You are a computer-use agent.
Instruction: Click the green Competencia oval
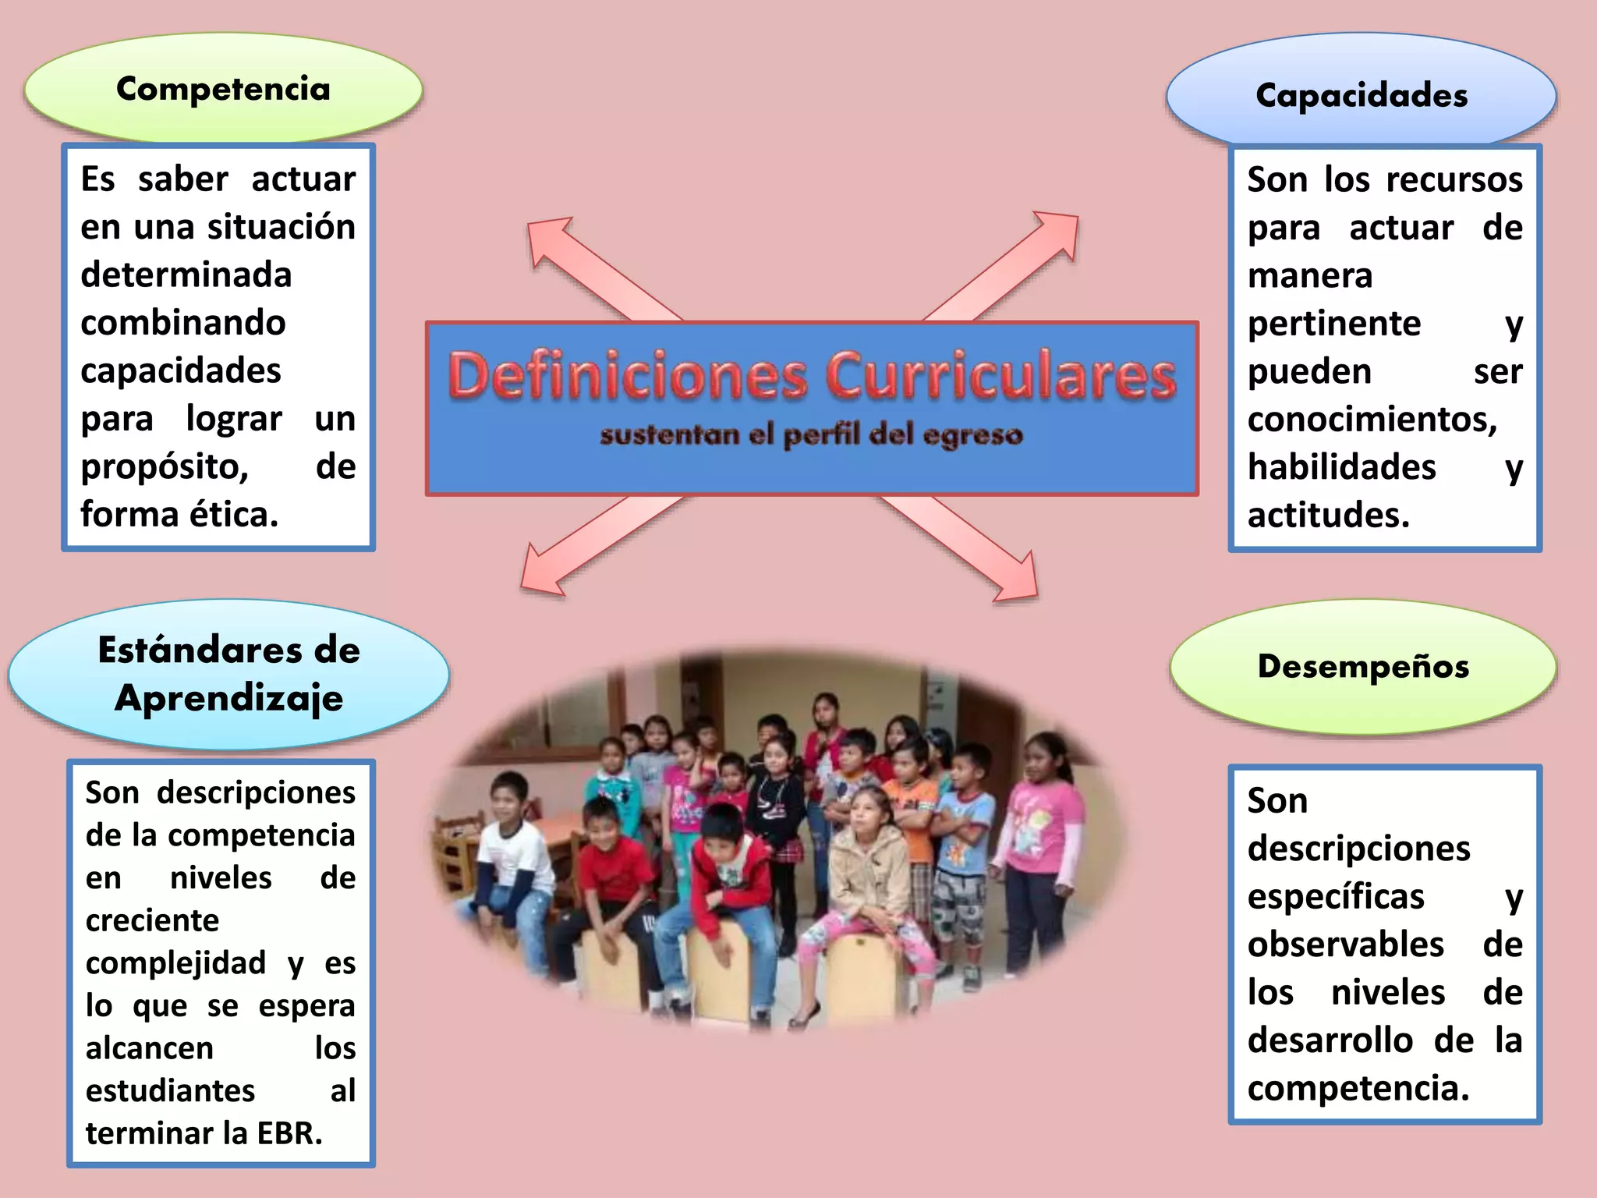223,89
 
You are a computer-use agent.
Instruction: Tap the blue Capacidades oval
1362,95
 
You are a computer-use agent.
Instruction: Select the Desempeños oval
1363,667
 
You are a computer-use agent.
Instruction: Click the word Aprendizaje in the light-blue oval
228,698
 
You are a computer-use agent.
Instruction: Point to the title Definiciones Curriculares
811,376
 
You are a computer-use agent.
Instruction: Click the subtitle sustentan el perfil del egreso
811,435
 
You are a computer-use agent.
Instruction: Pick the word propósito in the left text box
165,467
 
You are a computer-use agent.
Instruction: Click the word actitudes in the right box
1329,516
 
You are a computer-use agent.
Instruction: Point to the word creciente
153,921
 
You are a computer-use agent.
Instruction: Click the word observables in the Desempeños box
1346,945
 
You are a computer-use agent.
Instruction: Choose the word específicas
1336,897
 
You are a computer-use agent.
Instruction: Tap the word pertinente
1334,324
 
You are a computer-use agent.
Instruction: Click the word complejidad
176,963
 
